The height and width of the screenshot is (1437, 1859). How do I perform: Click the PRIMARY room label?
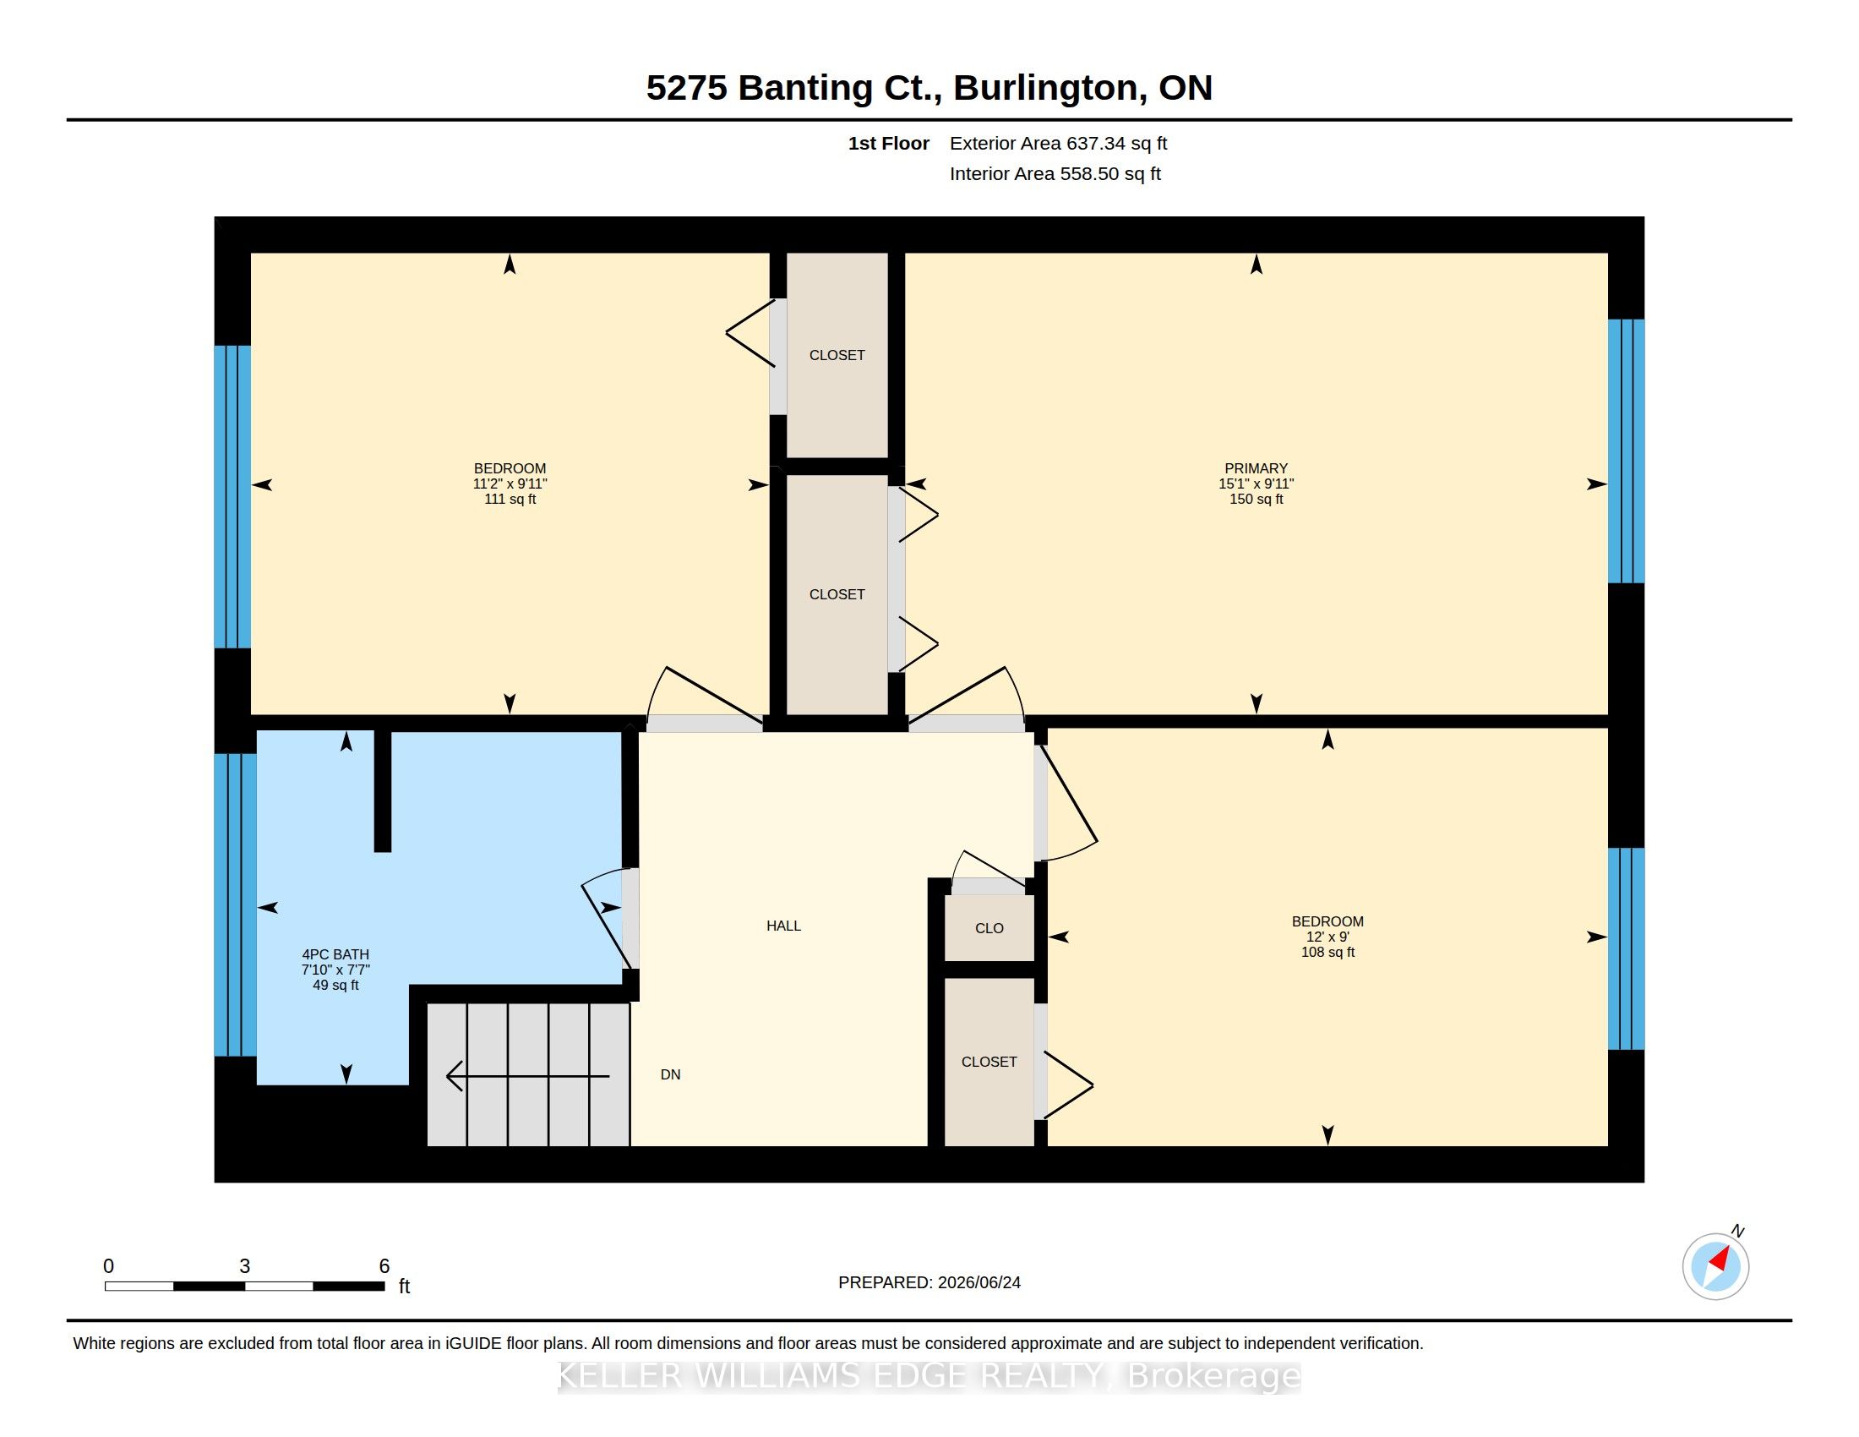click(x=1256, y=468)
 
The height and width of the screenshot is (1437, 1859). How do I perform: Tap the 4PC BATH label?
click(x=335, y=954)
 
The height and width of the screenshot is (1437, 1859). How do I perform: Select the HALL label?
click(x=783, y=926)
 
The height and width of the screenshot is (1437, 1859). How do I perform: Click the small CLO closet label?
click(x=989, y=928)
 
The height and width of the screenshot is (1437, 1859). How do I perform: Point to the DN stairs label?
click(x=670, y=1074)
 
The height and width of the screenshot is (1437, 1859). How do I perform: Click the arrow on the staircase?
click(x=528, y=1076)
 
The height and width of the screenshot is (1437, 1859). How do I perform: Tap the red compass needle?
click(x=1720, y=1259)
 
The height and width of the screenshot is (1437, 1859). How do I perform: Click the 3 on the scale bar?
click(x=244, y=1266)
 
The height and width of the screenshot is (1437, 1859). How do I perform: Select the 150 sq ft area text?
click(x=1256, y=499)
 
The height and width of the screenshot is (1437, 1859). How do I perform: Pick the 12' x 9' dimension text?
click(x=1327, y=937)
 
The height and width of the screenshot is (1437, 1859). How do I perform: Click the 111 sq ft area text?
click(x=510, y=499)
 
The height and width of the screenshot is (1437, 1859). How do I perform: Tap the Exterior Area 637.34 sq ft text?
click(x=1058, y=143)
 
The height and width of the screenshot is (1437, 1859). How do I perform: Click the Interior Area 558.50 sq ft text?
click(x=1055, y=173)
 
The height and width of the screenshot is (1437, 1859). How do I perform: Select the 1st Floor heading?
click(x=888, y=143)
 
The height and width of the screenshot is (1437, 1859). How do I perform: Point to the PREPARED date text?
click(x=929, y=1282)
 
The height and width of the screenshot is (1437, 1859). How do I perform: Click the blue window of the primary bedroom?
click(x=1626, y=451)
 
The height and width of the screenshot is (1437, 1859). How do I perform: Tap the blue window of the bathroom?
click(x=235, y=904)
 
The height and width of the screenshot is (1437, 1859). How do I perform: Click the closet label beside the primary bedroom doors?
click(x=837, y=594)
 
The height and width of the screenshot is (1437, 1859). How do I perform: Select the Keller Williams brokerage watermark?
click(x=929, y=1376)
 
